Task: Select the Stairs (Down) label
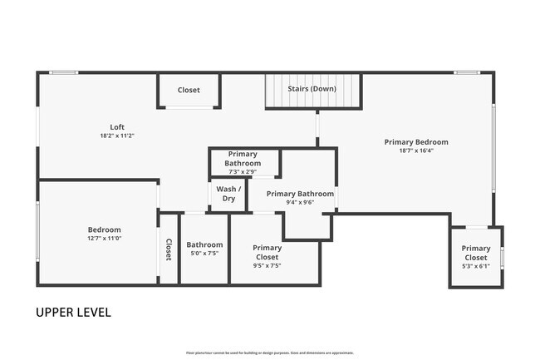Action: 312,88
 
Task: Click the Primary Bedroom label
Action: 415,142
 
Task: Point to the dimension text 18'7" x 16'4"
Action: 415,150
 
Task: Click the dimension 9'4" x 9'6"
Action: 300,202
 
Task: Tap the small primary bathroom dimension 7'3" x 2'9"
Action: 243,171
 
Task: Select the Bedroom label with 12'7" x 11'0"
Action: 105,230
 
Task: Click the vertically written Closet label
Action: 168,249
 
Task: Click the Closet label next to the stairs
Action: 189,90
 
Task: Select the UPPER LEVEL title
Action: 73,313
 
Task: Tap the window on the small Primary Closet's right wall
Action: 502,257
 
